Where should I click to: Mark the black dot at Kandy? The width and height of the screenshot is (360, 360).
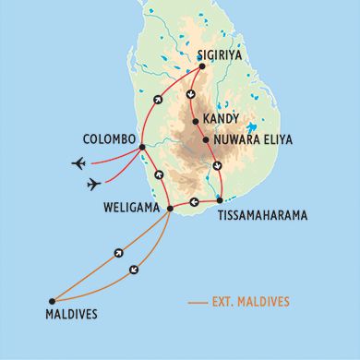pyautogui.click(x=195, y=121)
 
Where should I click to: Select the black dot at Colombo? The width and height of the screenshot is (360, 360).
pyautogui.click(x=140, y=147)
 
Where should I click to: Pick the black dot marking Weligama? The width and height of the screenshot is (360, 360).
pyautogui.click(x=171, y=208)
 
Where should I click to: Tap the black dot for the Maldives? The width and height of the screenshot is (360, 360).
pyautogui.click(x=52, y=301)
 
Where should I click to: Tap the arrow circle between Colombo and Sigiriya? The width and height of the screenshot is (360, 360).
pyautogui.click(x=157, y=99)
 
